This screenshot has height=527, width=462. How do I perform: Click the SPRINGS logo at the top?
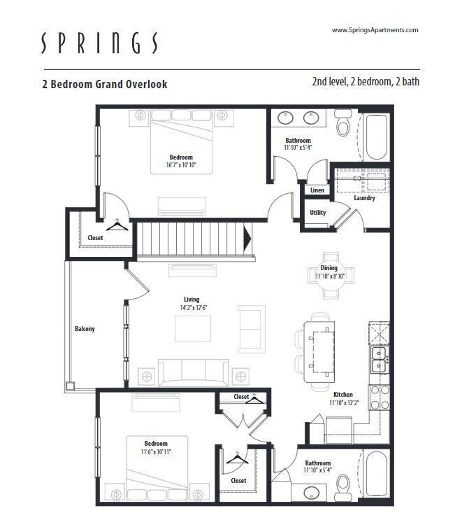coord(99,43)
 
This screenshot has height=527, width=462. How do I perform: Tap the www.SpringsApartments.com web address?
coord(375,30)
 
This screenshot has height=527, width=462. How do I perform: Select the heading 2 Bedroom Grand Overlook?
coord(105,84)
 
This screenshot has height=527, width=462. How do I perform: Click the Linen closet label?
coord(317,190)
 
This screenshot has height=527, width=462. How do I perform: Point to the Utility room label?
coord(317,213)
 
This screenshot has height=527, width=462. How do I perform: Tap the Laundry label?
coord(364,198)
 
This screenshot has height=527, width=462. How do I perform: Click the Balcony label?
coord(85,329)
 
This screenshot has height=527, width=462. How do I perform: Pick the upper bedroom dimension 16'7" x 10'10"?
coord(181,165)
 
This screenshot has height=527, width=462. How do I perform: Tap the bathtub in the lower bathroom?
coord(376,475)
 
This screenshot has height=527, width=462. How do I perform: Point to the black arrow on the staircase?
coord(247,238)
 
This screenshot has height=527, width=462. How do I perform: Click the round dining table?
coord(331,275)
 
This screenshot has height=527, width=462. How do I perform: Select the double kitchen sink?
coord(380,359)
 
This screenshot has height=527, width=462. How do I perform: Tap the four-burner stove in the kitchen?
coord(380,398)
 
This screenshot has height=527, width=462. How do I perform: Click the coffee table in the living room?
coord(193,329)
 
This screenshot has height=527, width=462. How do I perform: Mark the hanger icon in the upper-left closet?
coord(117,225)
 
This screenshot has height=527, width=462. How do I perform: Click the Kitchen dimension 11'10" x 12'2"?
coord(344,402)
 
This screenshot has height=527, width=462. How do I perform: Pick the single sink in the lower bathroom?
coord(312,493)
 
